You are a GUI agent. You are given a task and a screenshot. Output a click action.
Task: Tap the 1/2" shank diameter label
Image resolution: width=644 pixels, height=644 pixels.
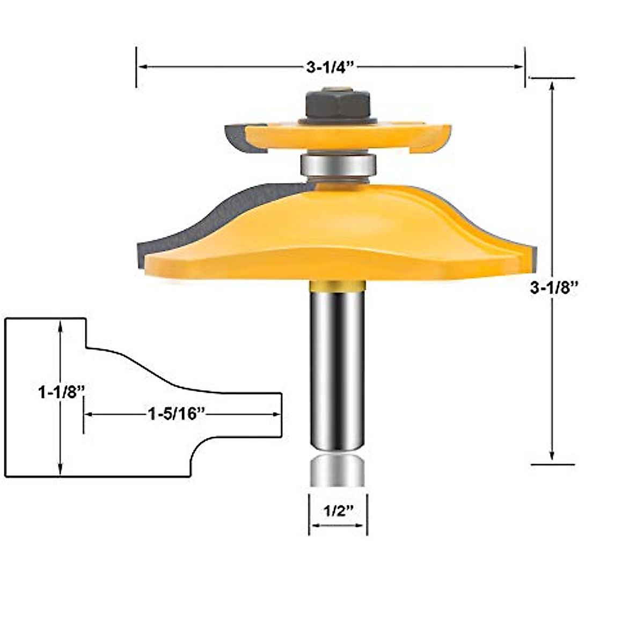click(x=338, y=511)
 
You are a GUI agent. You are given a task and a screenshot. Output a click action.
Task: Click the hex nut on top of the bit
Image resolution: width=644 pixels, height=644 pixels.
click(x=338, y=104)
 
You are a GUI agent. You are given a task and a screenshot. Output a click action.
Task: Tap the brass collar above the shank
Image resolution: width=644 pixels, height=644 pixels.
click(x=338, y=286)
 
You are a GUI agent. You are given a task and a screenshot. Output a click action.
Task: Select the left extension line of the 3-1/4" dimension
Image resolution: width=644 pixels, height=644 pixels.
click(x=136, y=67)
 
